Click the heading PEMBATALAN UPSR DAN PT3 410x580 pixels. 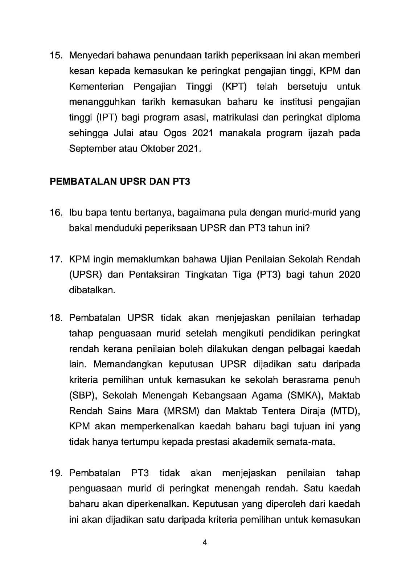point(120,181)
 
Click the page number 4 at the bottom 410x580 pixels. point(205,543)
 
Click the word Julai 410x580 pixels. point(123,133)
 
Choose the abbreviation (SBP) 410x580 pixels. point(82,396)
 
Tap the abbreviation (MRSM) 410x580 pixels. point(182,411)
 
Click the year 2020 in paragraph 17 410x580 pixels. point(349,275)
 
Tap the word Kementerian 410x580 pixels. point(96,87)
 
